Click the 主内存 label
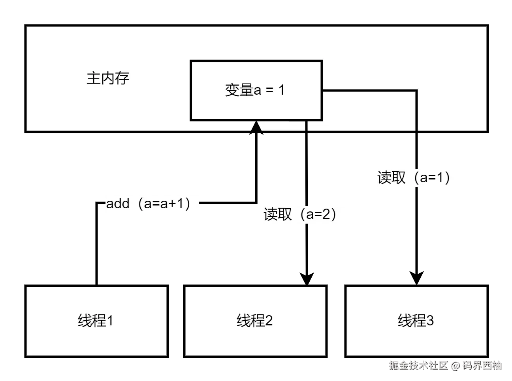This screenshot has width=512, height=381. [108, 78]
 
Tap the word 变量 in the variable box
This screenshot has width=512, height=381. [239, 90]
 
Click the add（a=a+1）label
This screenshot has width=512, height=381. [151, 204]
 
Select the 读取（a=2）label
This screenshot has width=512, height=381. [305, 214]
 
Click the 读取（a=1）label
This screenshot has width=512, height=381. [418, 178]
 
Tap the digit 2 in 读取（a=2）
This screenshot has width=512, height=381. [326, 214]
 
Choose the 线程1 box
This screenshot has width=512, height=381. [96, 321]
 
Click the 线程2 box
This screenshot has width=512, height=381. [255, 321]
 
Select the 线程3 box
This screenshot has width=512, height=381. [416, 321]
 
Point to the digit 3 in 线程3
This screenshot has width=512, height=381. [429, 321]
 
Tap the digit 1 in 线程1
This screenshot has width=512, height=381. [110, 321]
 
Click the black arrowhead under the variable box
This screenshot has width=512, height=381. [256, 126]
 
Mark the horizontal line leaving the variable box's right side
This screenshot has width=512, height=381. [369, 91]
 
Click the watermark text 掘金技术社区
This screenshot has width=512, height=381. [418, 365]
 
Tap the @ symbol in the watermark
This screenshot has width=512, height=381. [455, 366]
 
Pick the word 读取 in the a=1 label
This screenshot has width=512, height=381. [392, 178]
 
